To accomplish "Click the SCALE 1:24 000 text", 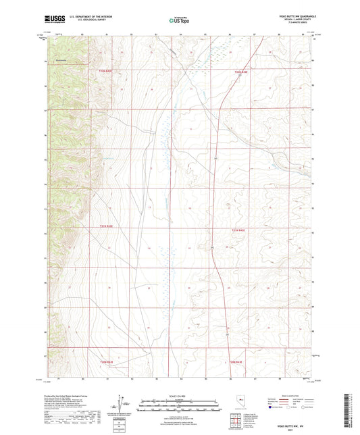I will (x=179, y=395).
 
